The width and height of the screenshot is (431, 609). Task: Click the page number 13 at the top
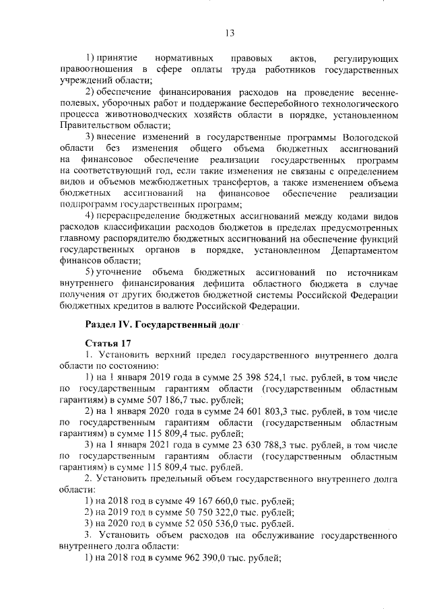pos(229,32)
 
